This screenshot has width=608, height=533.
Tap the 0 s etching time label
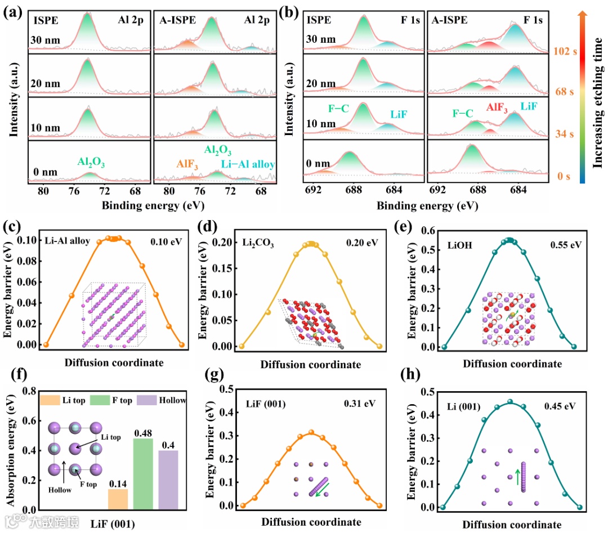(565, 177)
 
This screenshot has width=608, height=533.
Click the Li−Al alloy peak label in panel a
(248, 164)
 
